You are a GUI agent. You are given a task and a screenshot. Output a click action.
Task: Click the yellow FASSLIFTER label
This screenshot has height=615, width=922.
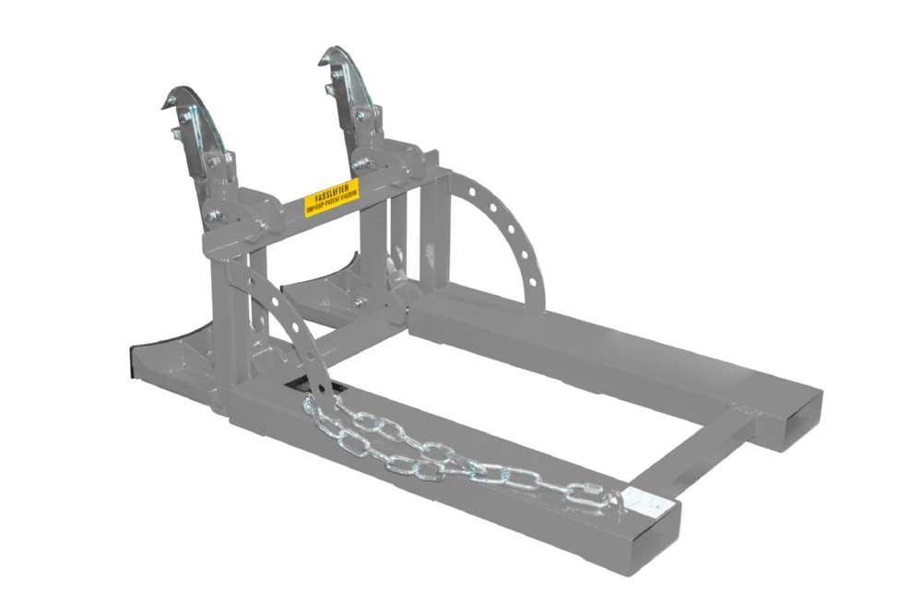331,196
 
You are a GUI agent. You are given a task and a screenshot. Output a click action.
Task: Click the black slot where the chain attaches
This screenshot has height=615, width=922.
309,387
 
